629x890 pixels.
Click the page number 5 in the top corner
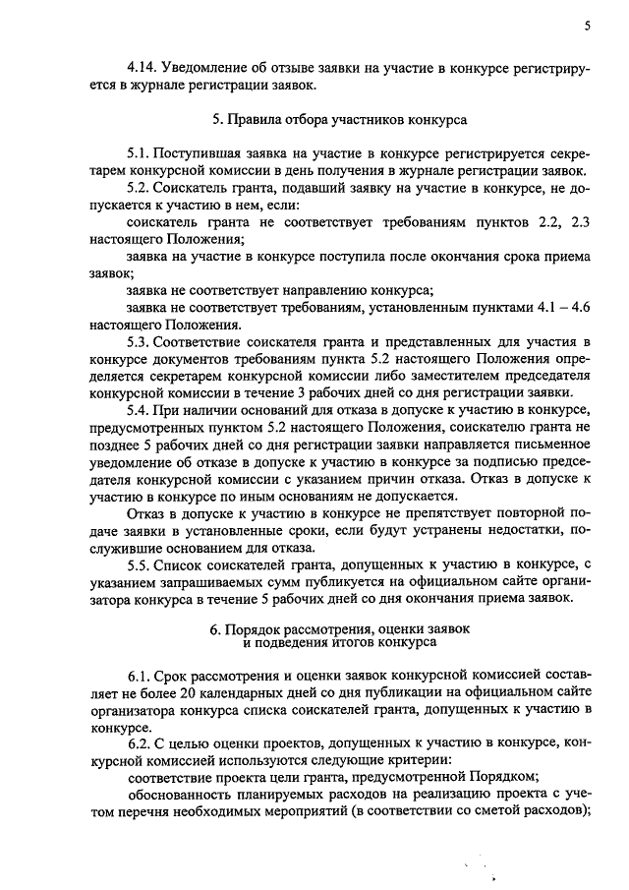click(586, 27)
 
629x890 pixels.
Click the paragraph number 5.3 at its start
click(139, 342)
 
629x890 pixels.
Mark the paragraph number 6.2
click(139, 746)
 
